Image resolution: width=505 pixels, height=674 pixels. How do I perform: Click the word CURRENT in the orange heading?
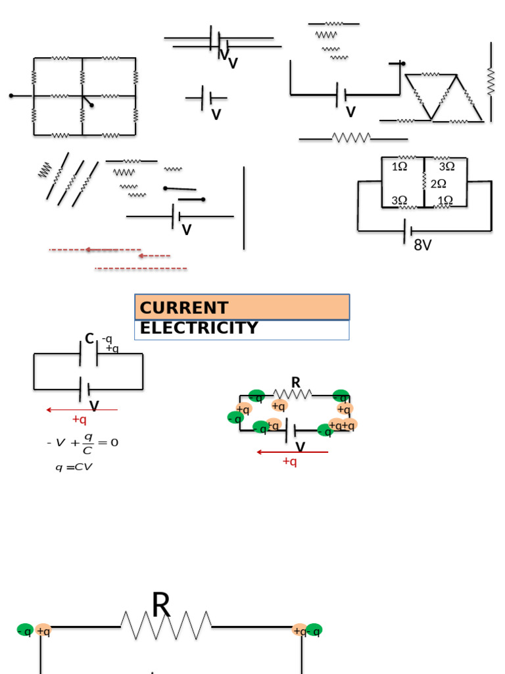184,308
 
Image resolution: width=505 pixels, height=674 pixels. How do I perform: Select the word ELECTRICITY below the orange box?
199,328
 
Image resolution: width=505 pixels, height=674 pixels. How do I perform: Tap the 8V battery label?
423,246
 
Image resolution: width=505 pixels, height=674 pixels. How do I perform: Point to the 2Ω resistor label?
439,184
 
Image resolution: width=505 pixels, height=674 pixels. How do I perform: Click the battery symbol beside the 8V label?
408,231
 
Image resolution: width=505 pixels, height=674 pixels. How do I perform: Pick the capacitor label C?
89,339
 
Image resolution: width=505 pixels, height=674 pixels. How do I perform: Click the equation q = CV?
74,467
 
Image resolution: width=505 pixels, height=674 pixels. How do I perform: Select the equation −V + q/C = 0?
83,444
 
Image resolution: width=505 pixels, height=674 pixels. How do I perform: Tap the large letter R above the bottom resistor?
161,606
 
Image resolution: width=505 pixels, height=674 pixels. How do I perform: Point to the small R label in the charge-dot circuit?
296,382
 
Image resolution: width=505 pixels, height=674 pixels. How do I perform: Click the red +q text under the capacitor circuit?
79,420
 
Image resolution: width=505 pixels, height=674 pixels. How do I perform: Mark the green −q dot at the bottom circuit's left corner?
25,631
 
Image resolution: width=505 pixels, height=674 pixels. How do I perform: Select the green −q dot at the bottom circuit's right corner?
315,631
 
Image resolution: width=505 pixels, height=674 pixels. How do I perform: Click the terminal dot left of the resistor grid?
11,96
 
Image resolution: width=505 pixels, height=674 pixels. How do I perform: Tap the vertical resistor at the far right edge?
491,81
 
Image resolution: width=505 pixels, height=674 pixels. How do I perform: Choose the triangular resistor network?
439,97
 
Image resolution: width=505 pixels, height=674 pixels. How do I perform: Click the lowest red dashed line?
141,269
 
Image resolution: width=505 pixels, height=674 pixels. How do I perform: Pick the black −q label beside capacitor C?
107,339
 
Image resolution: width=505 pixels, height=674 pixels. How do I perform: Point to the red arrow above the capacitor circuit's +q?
82,410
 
